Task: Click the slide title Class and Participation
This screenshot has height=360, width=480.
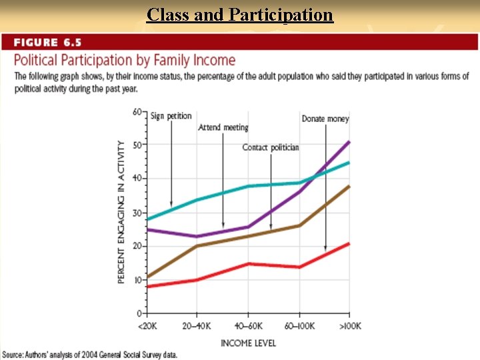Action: [240, 14]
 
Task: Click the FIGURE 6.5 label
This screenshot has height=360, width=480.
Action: [47, 43]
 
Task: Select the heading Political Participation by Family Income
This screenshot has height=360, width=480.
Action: [125, 61]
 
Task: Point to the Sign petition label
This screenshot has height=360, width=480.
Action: [171, 116]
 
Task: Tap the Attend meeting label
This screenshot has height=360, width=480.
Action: [223, 127]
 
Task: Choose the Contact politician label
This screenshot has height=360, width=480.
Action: [270, 147]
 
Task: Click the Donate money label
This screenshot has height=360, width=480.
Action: [325, 119]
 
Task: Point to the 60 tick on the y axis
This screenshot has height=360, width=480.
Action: [138, 111]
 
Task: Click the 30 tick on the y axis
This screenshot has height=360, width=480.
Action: [138, 213]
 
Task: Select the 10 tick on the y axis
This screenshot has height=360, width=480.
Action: [138, 280]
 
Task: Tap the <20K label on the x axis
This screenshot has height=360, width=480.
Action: [147, 326]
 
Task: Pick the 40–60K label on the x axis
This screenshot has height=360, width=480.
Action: [248, 326]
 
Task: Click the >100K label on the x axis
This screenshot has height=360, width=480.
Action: [349, 326]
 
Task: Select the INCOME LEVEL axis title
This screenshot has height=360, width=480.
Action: [248, 343]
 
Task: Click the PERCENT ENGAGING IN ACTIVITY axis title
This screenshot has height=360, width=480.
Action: [121, 211]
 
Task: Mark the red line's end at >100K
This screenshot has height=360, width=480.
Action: [349, 243]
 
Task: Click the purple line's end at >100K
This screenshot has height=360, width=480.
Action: [349, 142]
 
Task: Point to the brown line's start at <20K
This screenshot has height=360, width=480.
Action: [147, 277]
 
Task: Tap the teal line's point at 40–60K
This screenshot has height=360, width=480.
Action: [248, 186]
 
